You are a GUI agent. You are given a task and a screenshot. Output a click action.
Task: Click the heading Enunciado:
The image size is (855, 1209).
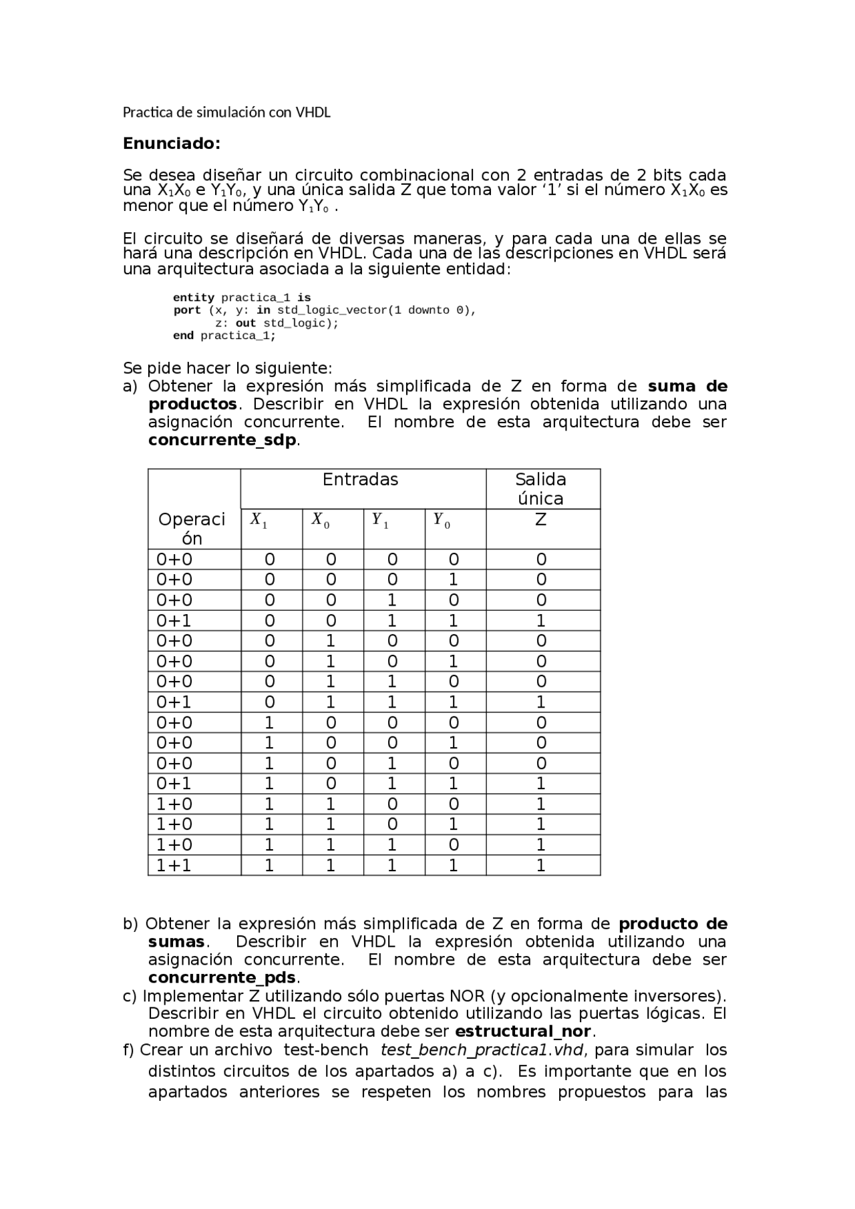point(171,144)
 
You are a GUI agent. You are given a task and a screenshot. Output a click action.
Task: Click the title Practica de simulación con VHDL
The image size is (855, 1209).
point(226,112)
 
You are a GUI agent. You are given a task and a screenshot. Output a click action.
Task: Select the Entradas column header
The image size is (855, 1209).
point(360,480)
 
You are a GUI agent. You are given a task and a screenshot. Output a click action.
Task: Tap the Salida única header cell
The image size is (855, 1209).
point(540,489)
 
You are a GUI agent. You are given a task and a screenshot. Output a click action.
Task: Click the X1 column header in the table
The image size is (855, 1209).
point(259,520)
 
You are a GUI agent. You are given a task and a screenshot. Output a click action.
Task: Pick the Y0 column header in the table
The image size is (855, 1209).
point(442,520)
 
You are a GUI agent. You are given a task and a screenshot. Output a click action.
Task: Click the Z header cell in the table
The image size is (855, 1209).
point(541,519)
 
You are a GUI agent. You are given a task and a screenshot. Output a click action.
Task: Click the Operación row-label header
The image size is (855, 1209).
point(192,529)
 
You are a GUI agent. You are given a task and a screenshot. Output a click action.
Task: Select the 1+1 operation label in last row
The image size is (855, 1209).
point(174,866)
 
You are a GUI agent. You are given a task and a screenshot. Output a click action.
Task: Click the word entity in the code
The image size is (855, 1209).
point(193,298)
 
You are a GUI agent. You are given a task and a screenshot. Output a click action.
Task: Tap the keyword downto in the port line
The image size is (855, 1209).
point(428,310)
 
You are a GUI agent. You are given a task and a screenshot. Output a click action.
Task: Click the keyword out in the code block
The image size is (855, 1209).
point(246,323)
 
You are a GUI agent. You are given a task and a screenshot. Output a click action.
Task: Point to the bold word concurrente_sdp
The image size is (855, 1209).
point(222,441)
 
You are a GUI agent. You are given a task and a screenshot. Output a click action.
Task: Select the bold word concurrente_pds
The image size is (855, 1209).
point(222,978)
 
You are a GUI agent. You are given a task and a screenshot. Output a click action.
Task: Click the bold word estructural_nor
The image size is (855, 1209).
point(523,1031)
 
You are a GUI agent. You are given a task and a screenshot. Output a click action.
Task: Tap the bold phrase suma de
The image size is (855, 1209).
point(687,387)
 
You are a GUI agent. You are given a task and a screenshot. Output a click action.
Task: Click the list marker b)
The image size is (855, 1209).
point(130,924)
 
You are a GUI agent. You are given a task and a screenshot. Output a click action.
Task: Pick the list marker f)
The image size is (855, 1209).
point(129,1050)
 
